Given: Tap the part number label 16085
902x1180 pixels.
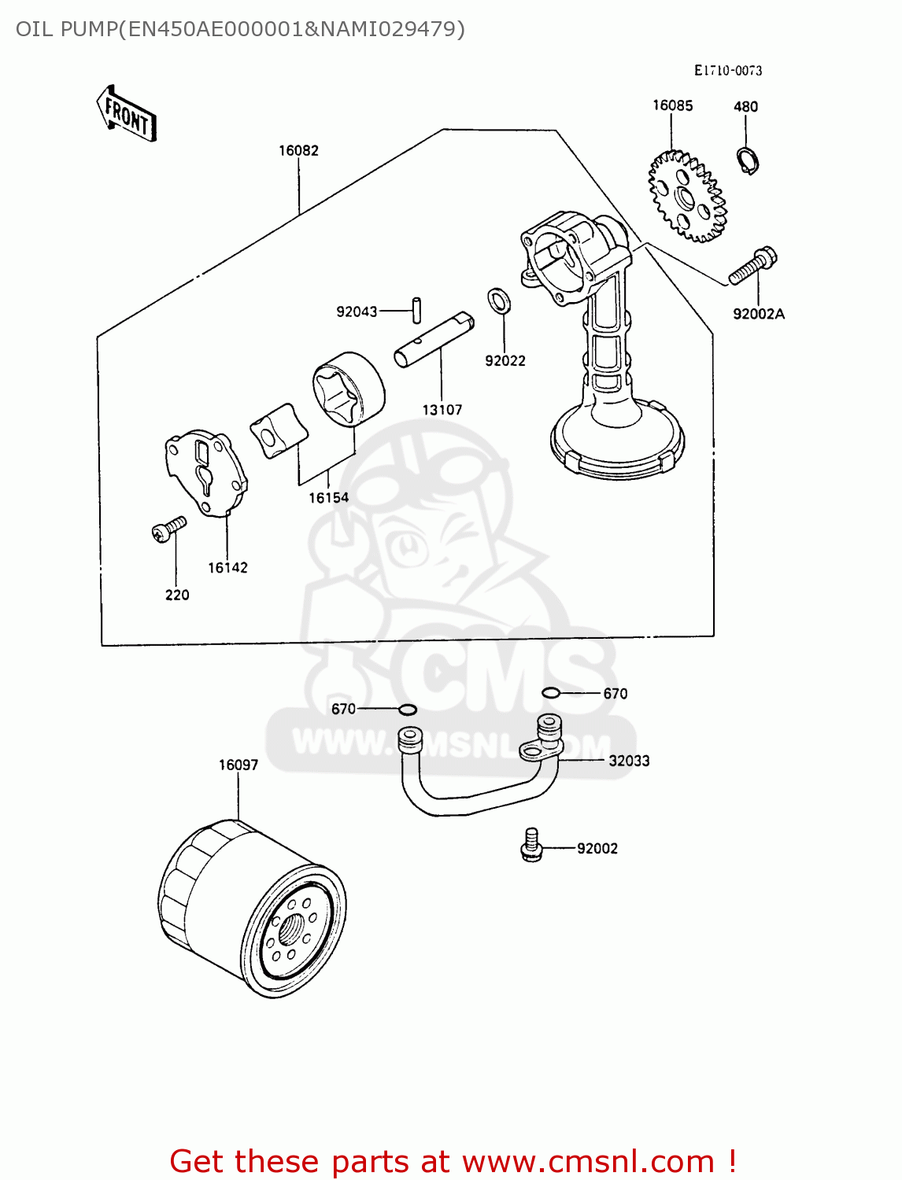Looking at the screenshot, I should click(672, 105).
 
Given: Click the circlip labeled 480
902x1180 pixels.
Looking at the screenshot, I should click(749, 160).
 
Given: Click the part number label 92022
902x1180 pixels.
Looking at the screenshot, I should click(505, 360).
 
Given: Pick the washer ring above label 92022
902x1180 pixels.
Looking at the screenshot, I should click(498, 299).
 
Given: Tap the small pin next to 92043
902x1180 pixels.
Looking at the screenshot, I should click(418, 308).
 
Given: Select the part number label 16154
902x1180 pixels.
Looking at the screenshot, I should click(328, 497).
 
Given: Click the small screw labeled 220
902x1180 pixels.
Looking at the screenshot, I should click(168, 529).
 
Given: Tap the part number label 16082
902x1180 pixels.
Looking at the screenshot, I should click(298, 150).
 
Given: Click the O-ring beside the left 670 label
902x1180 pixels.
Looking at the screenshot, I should click(408, 710).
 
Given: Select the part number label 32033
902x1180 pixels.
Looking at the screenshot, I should click(629, 761).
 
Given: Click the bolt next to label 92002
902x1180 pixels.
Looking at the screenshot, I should click(532, 845).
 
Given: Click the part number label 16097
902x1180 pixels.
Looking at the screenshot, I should click(238, 765).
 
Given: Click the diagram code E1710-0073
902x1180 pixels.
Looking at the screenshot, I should click(727, 70).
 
